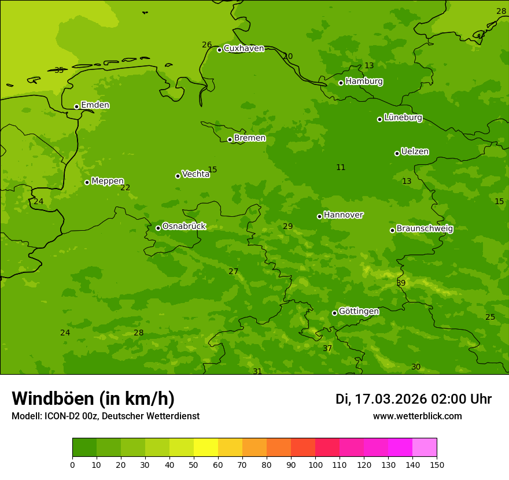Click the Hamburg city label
[x=364, y=82]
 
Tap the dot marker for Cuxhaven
[x=220, y=50]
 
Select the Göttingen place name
[x=359, y=311]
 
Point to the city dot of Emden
[x=76, y=106]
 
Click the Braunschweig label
[x=425, y=228]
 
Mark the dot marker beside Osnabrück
[x=158, y=228]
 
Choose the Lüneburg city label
[x=403, y=117]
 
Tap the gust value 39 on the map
[x=401, y=283]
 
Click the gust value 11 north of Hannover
[x=341, y=167]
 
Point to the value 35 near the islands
[x=59, y=70]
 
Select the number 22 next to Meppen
[x=125, y=187]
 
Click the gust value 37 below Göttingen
[x=327, y=348]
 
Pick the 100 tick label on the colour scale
[x=315, y=464]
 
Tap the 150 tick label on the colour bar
[x=437, y=464]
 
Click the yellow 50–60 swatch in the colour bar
[x=206, y=448]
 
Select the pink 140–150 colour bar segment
[x=425, y=448]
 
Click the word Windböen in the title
[x=53, y=398]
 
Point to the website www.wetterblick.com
[x=417, y=416]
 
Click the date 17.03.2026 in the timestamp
[x=390, y=399]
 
